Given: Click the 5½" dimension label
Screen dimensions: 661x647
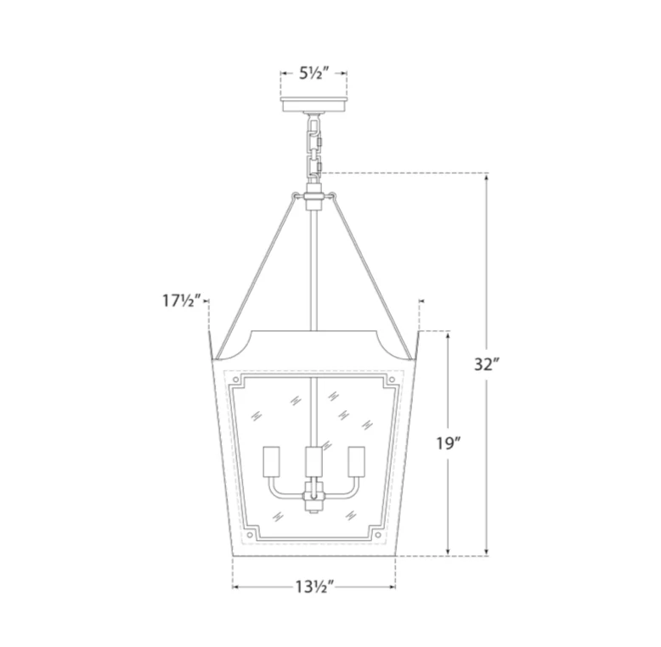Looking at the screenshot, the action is click(x=314, y=73).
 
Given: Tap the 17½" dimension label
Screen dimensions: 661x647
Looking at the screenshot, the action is click(x=180, y=301).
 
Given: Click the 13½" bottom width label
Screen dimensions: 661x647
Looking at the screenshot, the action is click(x=314, y=587).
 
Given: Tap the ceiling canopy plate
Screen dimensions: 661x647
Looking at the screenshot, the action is click(x=314, y=104).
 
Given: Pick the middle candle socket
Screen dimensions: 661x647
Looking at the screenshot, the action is click(x=314, y=462).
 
